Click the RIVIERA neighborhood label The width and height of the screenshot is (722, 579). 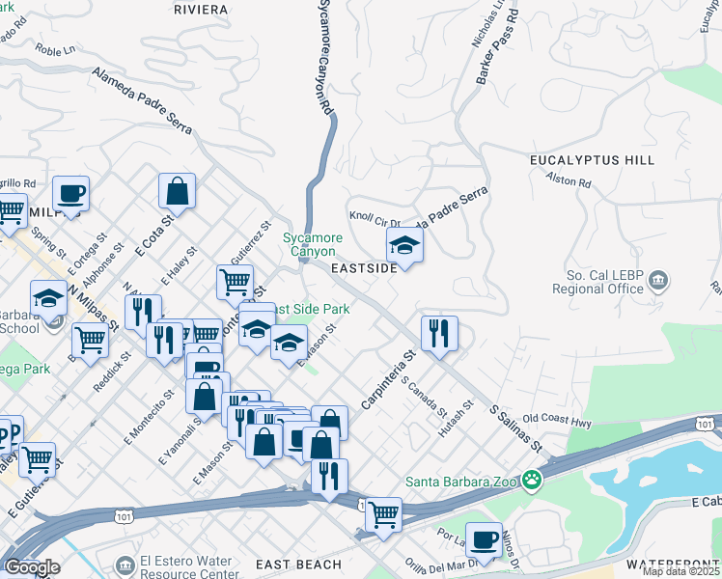tap(201, 10)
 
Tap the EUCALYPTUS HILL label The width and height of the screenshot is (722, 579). tap(592, 160)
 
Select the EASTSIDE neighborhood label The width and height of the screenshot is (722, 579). tap(364, 268)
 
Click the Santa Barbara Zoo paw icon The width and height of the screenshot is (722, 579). tap(532, 480)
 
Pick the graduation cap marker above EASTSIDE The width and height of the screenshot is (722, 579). tap(404, 246)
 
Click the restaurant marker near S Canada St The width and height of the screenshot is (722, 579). tap(439, 334)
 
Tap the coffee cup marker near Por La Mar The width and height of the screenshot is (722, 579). tap(484, 539)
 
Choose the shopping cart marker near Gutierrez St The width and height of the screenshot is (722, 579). tap(235, 283)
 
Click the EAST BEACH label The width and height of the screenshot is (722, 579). tap(298, 565)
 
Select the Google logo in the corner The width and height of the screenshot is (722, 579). tap(32, 567)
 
